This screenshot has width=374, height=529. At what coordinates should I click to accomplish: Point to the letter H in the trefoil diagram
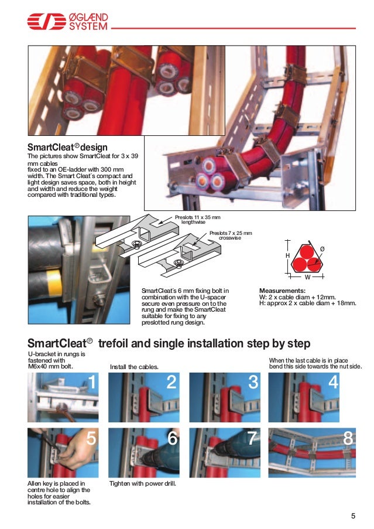point(287,257)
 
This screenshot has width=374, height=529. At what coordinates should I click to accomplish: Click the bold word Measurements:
point(282,291)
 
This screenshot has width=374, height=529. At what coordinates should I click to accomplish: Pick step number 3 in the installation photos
point(253,383)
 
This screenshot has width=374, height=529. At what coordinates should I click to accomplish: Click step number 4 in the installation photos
point(334,383)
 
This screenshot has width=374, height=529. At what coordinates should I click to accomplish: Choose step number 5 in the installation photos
point(91,438)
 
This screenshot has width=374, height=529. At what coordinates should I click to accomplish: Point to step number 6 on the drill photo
point(172,438)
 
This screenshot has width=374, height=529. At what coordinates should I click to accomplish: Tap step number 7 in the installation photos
point(253,438)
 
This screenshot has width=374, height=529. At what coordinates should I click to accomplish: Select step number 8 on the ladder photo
point(348,438)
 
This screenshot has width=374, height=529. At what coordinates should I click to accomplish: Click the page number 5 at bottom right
point(353,516)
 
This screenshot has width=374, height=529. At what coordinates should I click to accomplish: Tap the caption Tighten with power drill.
point(143,484)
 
